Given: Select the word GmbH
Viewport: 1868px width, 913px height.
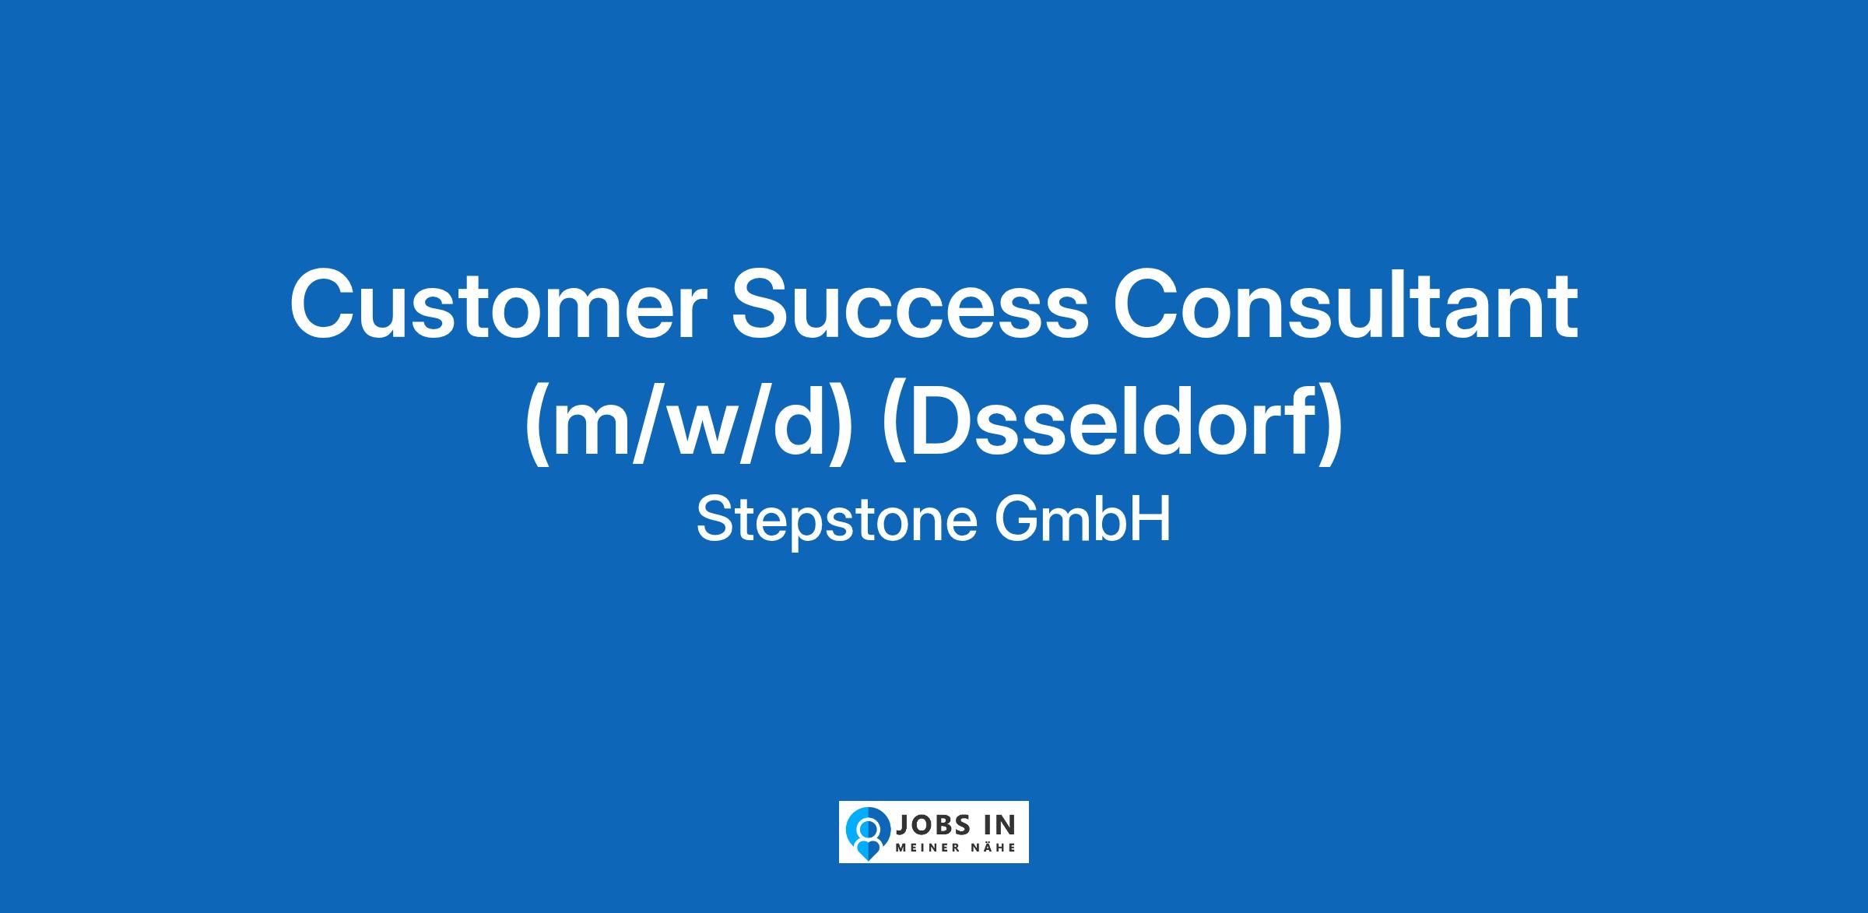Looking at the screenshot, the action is (1083, 520).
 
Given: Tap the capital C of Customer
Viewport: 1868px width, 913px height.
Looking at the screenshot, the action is (323, 305).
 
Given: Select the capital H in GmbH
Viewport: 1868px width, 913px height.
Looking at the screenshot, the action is (1153, 520).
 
